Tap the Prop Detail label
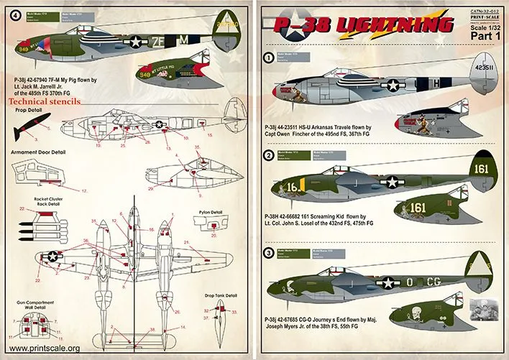click(26, 111)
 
